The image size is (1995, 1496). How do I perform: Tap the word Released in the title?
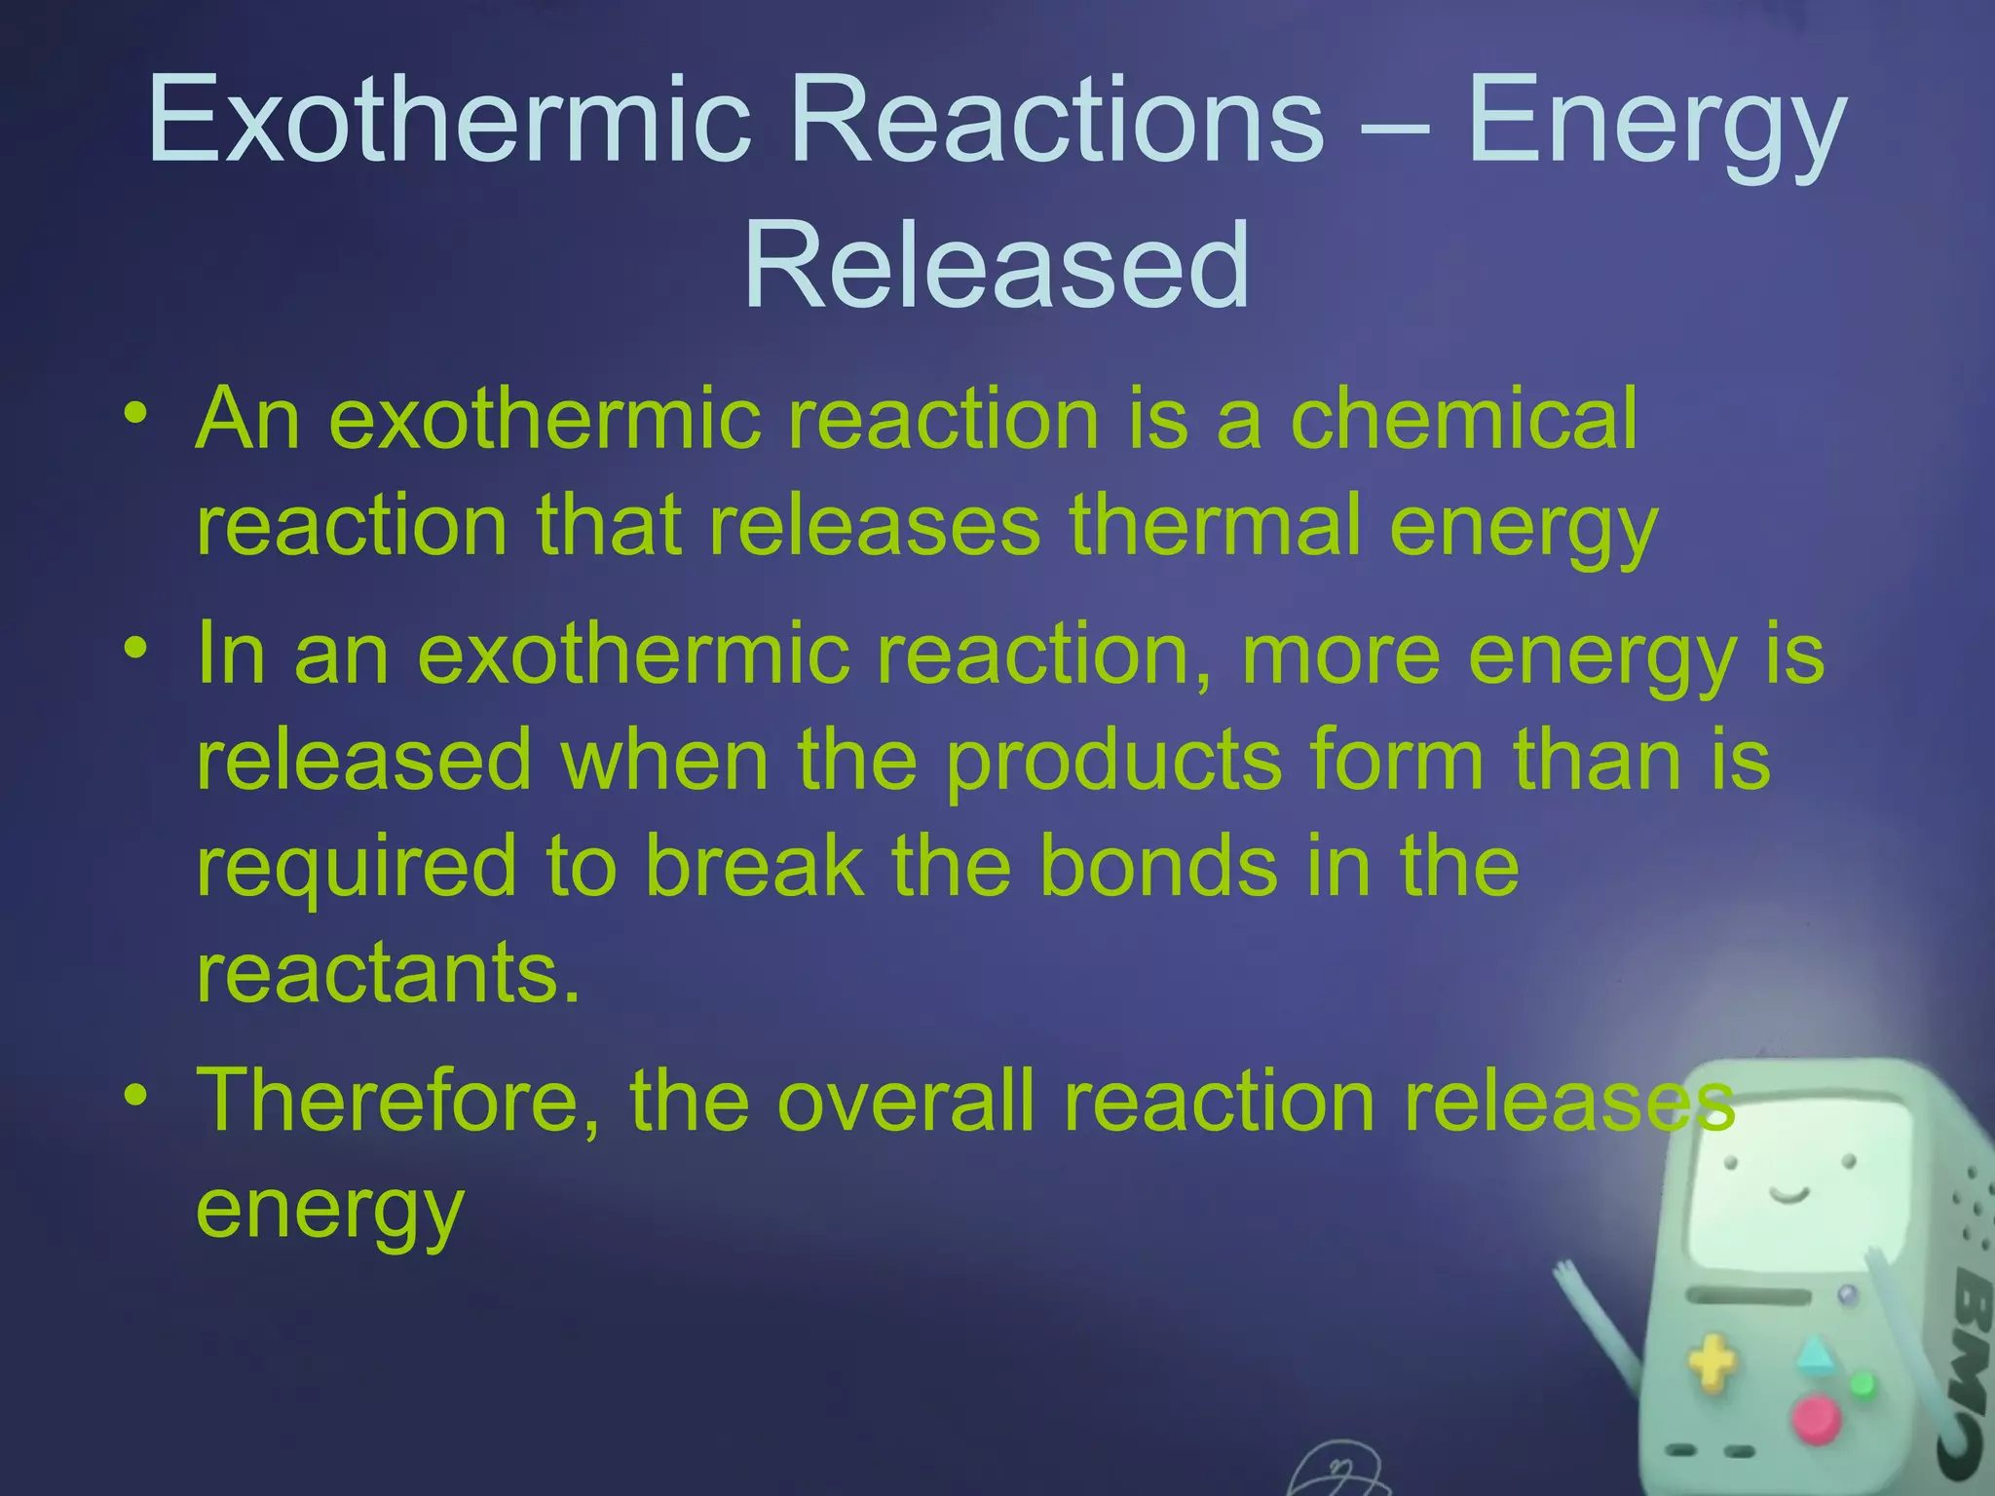click(x=997, y=266)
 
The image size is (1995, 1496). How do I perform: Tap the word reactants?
click(x=388, y=974)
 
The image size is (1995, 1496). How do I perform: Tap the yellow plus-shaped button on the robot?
click(x=1712, y=1364)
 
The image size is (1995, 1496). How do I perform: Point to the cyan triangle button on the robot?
click(x=1815, y=1355)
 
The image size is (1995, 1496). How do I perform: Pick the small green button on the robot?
click(x=1862, y=1384)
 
